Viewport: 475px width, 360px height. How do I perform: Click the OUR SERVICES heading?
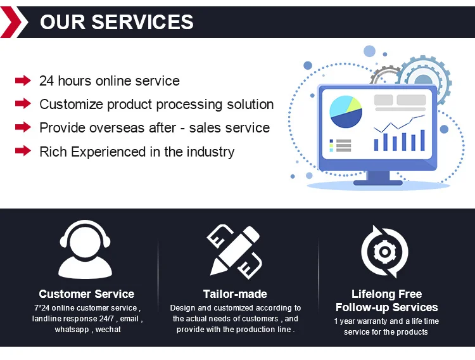coord(117,22)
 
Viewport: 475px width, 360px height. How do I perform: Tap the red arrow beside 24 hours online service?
coord(23,80)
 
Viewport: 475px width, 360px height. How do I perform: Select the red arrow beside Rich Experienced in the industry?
coord(23,151)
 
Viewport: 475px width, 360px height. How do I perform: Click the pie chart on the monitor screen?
coord(346,112)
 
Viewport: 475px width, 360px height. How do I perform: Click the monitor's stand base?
coord(377,182)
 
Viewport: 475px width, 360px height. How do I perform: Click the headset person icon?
coord(87,250)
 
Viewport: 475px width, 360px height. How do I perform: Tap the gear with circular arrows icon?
coord(384,252)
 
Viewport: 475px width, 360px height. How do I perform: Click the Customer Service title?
coord(87,294)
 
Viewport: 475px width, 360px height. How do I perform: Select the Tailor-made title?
coord(235,294)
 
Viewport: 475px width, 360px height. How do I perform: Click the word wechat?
coord(108,330)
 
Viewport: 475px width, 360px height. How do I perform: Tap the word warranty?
coord(375,321)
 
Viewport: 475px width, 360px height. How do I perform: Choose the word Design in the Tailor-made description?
coord(182,308)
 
